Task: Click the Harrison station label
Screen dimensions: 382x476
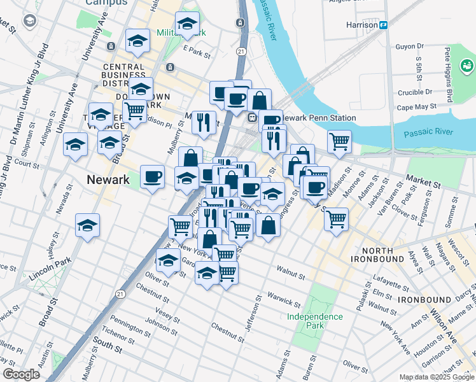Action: tap(361, 25)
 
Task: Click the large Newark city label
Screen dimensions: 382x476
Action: tap(108, 180)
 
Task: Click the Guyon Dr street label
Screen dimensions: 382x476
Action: tap(410, 46)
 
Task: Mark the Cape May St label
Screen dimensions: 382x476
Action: tap(416, 107)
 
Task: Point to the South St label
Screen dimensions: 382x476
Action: tap(106, 348)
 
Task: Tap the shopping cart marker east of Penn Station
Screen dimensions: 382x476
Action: tap(339, 141)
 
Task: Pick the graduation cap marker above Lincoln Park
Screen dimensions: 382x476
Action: tap(87, 225)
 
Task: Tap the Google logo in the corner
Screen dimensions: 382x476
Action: tap(21, 374)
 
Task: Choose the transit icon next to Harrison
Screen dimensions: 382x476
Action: tap(384, 25)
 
